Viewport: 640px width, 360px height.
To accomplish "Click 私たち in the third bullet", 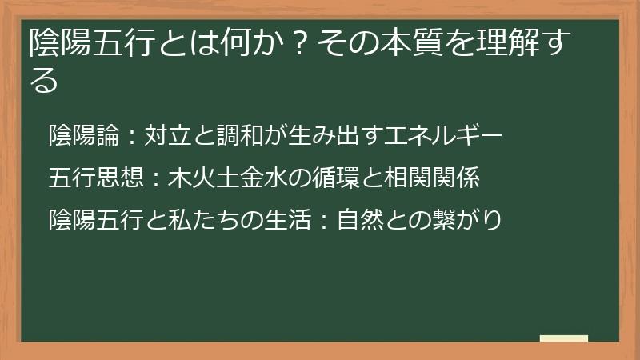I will coord(190,218).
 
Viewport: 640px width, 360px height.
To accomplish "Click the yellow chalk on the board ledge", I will coord(563,338).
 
